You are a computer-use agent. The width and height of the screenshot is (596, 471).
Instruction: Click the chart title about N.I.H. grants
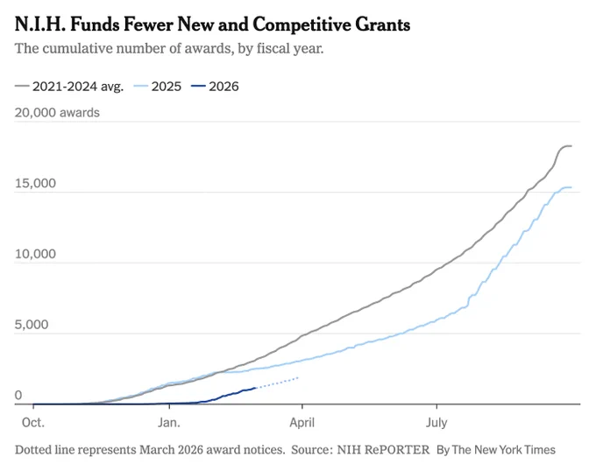click(x=212, y=25)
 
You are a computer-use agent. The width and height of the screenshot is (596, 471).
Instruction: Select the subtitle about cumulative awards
click(x=169, y=48)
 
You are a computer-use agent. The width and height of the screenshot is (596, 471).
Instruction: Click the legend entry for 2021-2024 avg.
click(x=69, y=87)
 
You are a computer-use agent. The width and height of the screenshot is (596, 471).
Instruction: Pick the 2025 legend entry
click(x=158, y=87)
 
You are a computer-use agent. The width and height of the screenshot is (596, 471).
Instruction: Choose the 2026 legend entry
click(x=215, y=87)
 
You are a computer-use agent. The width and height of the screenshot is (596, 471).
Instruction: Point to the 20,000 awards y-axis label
click(x=57, y=113)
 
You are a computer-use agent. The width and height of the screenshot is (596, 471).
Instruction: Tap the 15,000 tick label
click(x=35, y=183)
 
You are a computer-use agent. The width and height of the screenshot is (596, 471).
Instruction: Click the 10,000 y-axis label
click(x=35, y=254)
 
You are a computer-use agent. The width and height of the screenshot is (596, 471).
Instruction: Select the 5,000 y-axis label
click(x=32, y=325)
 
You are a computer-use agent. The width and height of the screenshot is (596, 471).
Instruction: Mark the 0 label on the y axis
click(x=18, y=395)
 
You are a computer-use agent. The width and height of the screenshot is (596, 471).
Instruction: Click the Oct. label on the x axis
click(x=33, y=423)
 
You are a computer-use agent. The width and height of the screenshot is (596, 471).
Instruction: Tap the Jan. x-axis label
click(x=169, y=423)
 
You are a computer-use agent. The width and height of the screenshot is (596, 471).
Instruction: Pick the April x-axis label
click(x=302, y=423)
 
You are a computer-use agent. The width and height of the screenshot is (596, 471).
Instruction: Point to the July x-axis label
click(x=436, y=423)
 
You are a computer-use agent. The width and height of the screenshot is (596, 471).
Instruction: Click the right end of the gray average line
click(x=571, y=145)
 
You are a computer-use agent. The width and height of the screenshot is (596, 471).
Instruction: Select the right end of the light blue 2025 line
click(x=571, y=187)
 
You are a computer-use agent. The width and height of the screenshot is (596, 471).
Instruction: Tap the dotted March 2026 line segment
click(x=278, y=383)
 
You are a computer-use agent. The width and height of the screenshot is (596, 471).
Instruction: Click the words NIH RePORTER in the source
click(x=383, y=450)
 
